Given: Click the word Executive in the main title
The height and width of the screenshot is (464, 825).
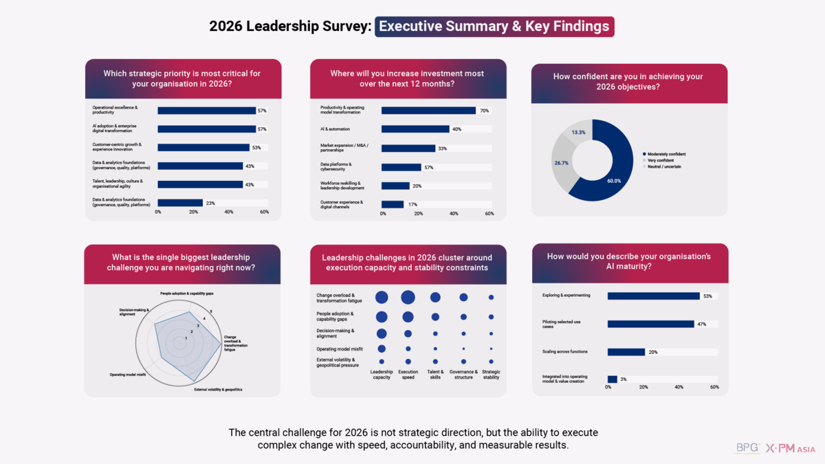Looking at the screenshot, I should click(x=413, y=27).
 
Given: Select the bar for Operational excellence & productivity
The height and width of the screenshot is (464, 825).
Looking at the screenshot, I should click(x=206, y=110).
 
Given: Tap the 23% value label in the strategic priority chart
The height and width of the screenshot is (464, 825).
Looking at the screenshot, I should click(x=210, y=203).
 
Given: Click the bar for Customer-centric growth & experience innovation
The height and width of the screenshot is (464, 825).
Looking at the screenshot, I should click(x=203, y=147).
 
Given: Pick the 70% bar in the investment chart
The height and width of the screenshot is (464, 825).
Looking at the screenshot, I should click(x=428, y=110).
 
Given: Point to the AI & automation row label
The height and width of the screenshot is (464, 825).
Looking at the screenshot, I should click(x=335, y=129).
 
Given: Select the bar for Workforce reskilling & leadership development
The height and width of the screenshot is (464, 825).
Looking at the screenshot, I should click(x=395, y=186).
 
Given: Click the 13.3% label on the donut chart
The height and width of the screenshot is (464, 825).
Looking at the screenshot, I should click(x=579, y=132).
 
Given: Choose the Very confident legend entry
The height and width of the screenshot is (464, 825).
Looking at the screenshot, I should click(x=662, y=160).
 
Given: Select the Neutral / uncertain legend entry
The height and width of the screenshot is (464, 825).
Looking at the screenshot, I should click(x=664, y=166).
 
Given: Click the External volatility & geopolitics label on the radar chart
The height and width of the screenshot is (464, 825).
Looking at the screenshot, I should click(x=218, y=390).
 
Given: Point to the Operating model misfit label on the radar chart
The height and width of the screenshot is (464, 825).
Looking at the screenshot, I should click(x=127, y=375).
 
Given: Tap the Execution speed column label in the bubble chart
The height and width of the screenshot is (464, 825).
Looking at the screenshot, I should click(x=408, y=374).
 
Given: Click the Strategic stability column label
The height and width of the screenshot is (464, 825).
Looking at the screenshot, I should click(x=491, y=374).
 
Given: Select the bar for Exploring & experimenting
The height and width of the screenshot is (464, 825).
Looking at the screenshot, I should click(x=653, y=296).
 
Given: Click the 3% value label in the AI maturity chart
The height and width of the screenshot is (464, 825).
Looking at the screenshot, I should click(x=623, y=379).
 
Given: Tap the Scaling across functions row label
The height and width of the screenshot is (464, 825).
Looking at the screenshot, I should click(x=564, y=351).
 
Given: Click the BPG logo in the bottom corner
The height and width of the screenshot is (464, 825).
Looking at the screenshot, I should click(x=747, y=448).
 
